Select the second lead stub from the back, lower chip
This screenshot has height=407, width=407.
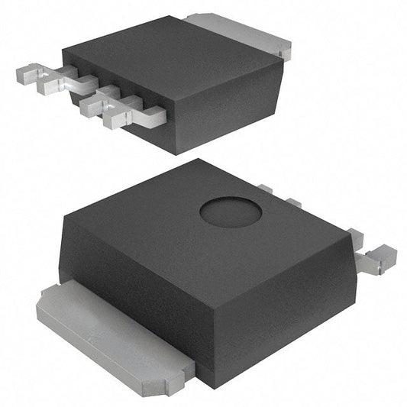click(x=293, y=202)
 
